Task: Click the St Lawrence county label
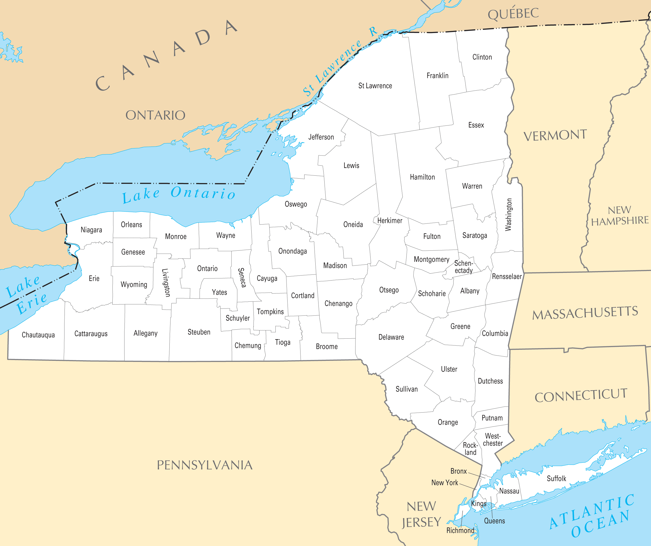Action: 375,86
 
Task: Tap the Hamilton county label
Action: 422,177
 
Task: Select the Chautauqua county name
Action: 38,335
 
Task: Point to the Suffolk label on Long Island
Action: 556,478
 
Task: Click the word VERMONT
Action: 555,136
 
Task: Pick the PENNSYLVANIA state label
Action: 205,465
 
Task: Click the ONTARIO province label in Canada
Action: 155,115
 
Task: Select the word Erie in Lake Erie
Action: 32,303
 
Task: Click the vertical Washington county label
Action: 508,215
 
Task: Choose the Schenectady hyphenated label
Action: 463,267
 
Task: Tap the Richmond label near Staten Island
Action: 460,530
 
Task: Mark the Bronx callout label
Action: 459,471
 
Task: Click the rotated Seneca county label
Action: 242,278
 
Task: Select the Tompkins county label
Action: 270,311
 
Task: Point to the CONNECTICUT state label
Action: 581,396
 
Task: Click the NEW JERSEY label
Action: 421,514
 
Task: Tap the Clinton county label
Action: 482,57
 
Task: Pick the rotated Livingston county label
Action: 167,283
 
